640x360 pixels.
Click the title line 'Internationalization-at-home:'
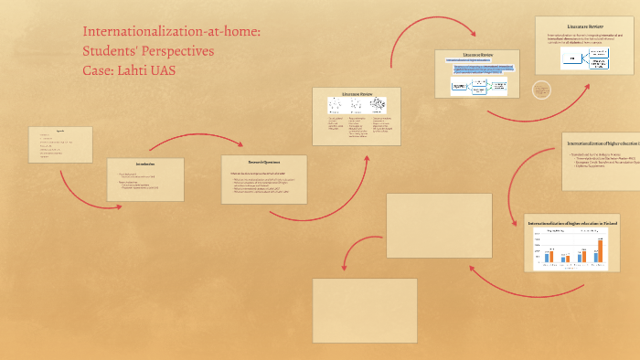point(172,32)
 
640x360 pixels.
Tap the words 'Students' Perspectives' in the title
point(148,51)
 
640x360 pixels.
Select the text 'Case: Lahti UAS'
point(128,70)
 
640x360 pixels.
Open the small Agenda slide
point(60,144)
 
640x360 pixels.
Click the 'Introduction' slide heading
point(145,164)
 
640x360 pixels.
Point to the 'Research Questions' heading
point(263,161)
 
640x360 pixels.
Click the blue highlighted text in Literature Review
point(481,67)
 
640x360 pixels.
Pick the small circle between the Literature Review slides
point(541,90)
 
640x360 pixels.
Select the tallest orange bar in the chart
point(601,249)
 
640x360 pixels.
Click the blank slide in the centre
point(426,225)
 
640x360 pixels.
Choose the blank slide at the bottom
point(365,310)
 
